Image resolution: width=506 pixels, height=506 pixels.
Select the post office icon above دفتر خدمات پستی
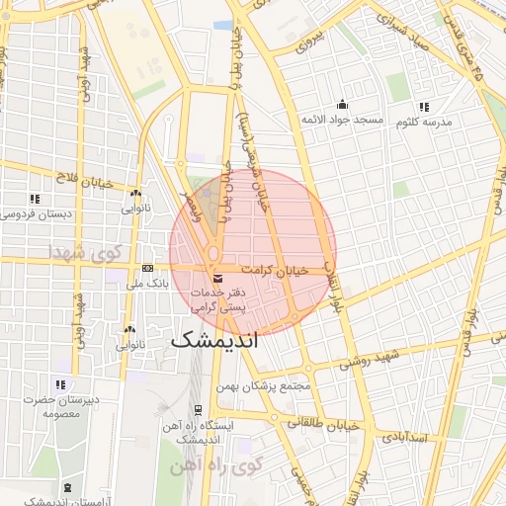217,277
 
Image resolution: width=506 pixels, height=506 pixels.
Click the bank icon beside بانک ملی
148,268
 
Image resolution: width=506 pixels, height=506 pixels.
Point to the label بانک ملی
149,283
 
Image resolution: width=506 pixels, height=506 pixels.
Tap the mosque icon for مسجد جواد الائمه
342,105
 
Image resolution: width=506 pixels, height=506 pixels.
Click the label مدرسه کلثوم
424,122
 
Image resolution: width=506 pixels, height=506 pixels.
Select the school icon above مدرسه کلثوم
424,107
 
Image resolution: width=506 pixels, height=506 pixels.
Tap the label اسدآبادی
404,435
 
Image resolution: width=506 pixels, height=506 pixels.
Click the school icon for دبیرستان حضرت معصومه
60,384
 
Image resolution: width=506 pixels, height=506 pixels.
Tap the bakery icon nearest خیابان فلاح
135,194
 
